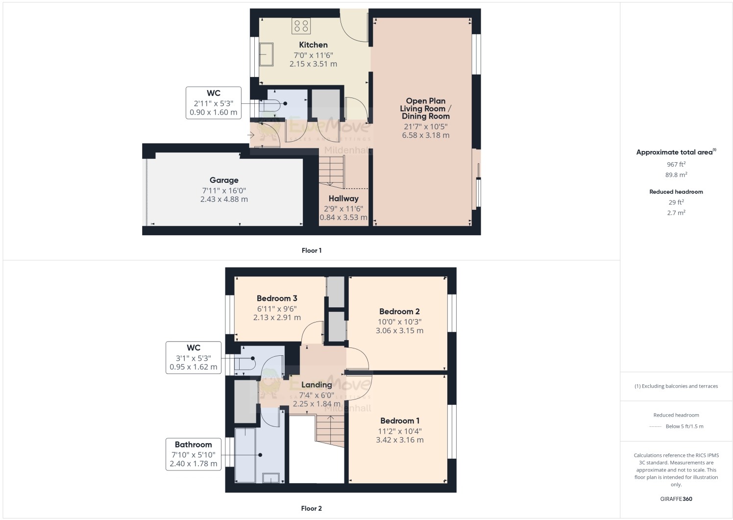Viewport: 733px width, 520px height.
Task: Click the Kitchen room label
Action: coord(313,45)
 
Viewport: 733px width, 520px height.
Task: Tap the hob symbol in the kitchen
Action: coord(301,25)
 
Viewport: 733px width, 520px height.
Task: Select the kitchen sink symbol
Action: coord(266,54)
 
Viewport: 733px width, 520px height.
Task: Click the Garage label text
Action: coord(224,180)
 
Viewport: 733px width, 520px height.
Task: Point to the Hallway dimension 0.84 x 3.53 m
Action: coord(343,218)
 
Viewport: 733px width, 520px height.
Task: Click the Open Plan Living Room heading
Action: coord(425,108)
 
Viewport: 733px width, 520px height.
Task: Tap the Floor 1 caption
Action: coord(312,250)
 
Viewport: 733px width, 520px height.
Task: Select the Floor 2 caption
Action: coord(312,508)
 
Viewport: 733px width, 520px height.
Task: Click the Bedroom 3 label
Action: coord(277,298)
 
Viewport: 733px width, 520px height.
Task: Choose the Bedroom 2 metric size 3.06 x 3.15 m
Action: coord(399,331)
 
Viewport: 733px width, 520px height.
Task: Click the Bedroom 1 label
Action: coord(400,421)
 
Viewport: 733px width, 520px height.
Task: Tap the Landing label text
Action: coord(317,385)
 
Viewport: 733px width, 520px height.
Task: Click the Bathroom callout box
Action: coord(194,454)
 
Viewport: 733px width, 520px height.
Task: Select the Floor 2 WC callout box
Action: coord(194,357)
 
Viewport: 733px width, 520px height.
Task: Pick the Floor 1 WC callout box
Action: coord(214,102)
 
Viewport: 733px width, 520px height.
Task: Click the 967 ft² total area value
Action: coord(676,165)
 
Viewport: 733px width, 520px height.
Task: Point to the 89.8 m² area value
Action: coord(676,175)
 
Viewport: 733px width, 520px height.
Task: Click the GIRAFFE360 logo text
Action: coord(676,499)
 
